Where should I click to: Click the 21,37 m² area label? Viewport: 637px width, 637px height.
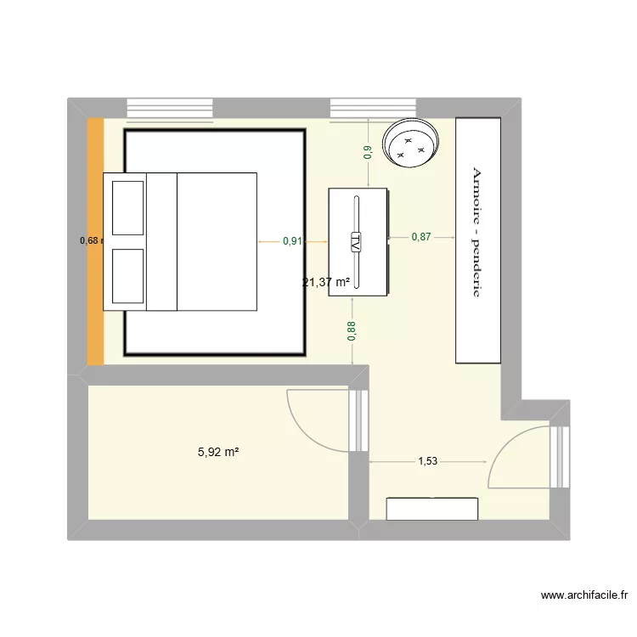click(326, 282)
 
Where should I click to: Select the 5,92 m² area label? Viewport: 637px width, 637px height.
click(218, 453)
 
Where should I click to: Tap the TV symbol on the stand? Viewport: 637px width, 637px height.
click(357, 241)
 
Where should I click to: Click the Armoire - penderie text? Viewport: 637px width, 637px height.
click(476, 231)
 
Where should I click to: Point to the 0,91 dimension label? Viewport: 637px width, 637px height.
click(292, 241)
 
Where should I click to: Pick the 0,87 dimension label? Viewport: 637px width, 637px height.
click(421, 237)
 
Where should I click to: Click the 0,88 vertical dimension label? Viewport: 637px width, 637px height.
click(352, 329)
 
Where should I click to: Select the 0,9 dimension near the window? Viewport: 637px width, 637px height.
click(367, 152)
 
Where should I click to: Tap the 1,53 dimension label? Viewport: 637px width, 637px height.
click(429, 461)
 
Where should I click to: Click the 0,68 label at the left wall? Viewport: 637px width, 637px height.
click(90, 240)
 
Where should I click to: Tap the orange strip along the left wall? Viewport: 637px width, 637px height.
click(95, 241)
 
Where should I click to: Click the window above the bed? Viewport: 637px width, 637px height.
click(168, 109)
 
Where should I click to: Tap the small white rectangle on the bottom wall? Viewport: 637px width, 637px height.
click(432, 508)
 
